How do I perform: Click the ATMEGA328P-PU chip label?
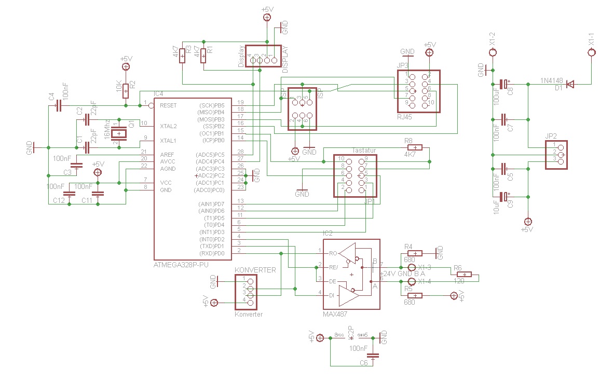coord(181,265)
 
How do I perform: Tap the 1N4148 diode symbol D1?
coord(570,84)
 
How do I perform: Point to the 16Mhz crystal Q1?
coord(119,133)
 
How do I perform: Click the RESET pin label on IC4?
coord(168,105)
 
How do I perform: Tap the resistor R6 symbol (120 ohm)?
coord(464,275)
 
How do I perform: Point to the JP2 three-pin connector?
coord(556,155)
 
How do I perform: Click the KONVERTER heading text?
coord(255,270)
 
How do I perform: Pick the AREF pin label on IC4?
coord(167,154)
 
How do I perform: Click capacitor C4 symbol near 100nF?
coord(58,105)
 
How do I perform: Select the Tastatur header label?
coord(363,149)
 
